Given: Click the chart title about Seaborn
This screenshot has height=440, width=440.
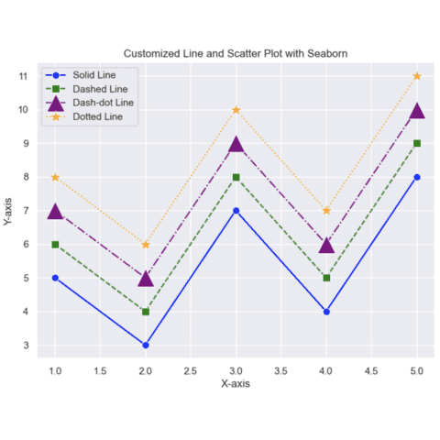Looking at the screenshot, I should (x=236, y=53).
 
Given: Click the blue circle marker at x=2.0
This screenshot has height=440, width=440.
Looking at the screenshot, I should (x=146, y=346).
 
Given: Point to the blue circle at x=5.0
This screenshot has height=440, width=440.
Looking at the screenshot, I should (x=417, y=177).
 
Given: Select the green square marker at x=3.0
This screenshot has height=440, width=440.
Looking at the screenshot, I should (x=236, y=177).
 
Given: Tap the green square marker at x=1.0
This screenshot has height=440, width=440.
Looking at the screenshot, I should (x=55, y=245).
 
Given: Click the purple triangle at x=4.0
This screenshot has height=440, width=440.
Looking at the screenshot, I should (x=326, y=245).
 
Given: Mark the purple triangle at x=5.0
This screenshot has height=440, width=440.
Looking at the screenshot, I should (x=417, y=110).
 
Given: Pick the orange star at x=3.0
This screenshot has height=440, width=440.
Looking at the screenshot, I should (x=236, y=110).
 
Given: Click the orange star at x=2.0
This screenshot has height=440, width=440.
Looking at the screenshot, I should (x=146, y=244).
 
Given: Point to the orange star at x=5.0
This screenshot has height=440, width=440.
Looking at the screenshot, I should (x=417, y=76).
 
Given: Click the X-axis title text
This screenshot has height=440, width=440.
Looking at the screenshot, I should (x=236, y=384).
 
